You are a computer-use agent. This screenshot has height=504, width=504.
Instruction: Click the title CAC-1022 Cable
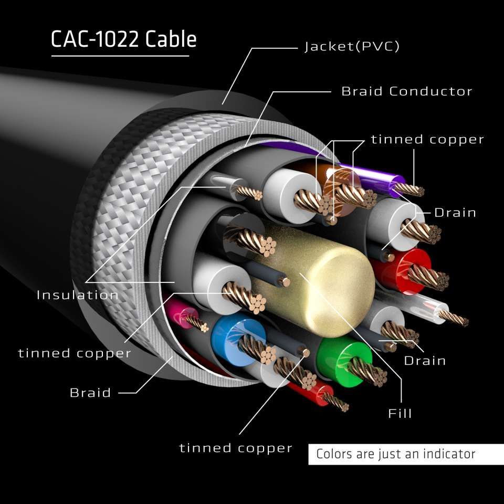[123, 40]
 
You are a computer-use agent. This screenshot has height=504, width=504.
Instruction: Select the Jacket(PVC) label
[352, 47]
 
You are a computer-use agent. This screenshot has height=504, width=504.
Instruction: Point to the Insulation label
[78, 295]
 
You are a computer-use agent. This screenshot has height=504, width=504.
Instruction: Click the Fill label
[400, 413]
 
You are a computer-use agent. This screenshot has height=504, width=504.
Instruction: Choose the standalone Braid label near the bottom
[90, 393]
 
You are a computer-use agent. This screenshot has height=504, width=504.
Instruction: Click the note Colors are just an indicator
[395, 454]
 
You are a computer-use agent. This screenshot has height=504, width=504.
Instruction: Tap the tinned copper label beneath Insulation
[75, 353]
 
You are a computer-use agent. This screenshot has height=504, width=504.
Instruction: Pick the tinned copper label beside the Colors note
[236, 448]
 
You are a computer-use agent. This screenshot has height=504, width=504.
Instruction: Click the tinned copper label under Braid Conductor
[427, 140]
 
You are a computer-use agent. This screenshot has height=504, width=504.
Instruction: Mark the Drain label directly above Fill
[425, 361]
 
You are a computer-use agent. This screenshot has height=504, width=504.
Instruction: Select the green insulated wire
[342, 355]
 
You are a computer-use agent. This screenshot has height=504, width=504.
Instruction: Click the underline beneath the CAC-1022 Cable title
[120, 55]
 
